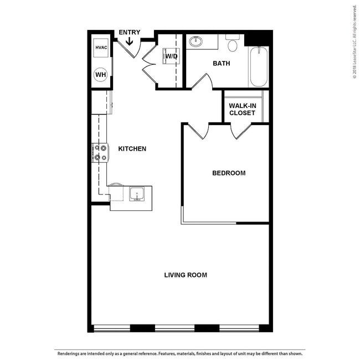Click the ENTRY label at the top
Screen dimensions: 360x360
pos(130,33)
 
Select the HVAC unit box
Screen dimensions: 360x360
pos(101,48)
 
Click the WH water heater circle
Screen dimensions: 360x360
pos(101,74)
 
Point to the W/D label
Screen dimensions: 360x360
pos(171,55)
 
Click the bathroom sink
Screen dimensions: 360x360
pos(195,42)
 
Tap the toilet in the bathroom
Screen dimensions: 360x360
pos(233,44)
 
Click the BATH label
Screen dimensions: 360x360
pos(222,63)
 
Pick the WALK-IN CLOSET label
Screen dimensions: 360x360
pos(242,109)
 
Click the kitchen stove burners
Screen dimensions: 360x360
pos(100,152)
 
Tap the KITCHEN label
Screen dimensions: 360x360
pos(132,148)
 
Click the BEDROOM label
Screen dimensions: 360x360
pos(229,173)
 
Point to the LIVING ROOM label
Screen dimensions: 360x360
pos(186,275)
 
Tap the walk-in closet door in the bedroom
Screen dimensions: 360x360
pos(241,131)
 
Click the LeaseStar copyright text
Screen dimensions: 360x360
pos(354,44)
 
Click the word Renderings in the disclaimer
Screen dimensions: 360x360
pos(67,353)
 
